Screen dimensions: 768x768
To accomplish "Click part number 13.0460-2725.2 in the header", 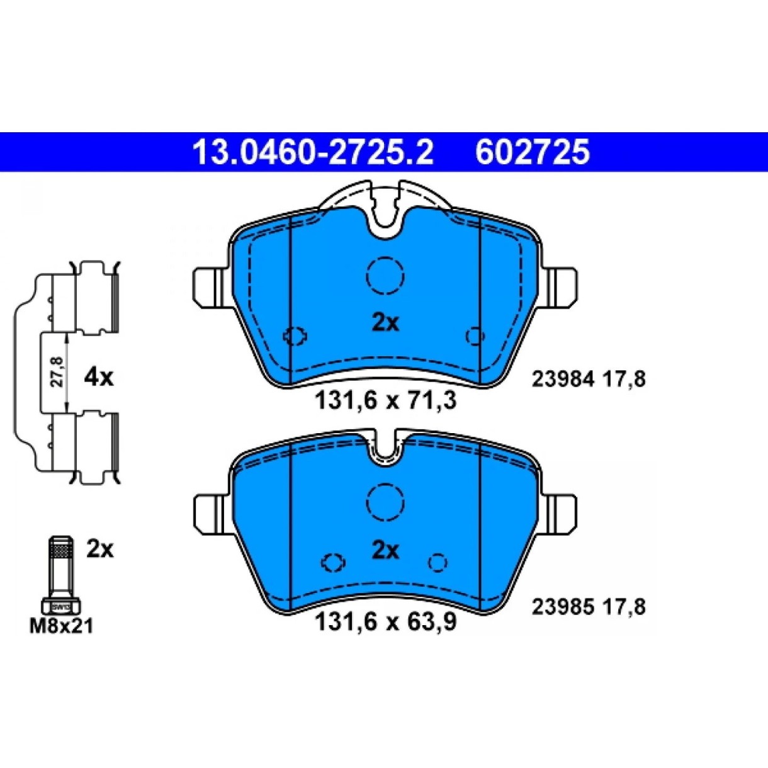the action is (x=312, y=152).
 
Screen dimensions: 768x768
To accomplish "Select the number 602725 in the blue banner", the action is (x=533, y=152).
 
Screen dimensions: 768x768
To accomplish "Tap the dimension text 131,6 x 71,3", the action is (x=385, y=401).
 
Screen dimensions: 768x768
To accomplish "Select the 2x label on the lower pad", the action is (x=385, y=551).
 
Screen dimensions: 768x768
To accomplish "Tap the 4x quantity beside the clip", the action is (x=98, y=378).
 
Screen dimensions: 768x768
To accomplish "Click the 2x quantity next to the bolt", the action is (x=100, y=551).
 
